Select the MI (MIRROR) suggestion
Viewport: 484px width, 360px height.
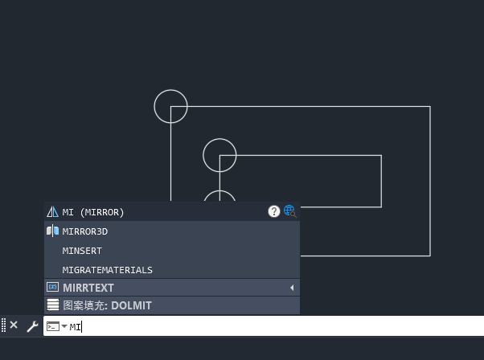point(93,212)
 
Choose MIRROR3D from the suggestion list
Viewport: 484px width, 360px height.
point(84,231)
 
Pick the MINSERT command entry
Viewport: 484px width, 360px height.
point(82,251)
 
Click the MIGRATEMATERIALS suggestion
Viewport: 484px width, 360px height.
point(107,270)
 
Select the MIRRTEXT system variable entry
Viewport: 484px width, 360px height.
point(88,288)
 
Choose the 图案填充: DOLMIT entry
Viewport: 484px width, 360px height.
point(107,305)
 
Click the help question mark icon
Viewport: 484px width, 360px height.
point(274,211)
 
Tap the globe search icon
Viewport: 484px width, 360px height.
point(289,211)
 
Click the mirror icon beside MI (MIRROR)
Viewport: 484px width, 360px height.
point(53,212)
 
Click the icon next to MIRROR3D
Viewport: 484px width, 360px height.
point(53,231)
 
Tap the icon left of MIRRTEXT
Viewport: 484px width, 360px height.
point(53,288)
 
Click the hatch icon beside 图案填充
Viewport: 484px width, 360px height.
point(53,305)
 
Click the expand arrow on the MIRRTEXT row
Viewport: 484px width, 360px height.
point(292,288)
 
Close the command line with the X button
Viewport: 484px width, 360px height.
point(14,325)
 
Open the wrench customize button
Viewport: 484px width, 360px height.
point(32,326)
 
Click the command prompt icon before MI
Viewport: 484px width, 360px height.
point(53,326)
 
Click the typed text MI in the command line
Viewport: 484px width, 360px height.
point(75,326)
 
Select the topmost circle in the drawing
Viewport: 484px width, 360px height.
point(170,90)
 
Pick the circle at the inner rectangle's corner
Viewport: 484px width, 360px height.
point(219,139)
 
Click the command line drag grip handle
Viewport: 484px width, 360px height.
point(4,325)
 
